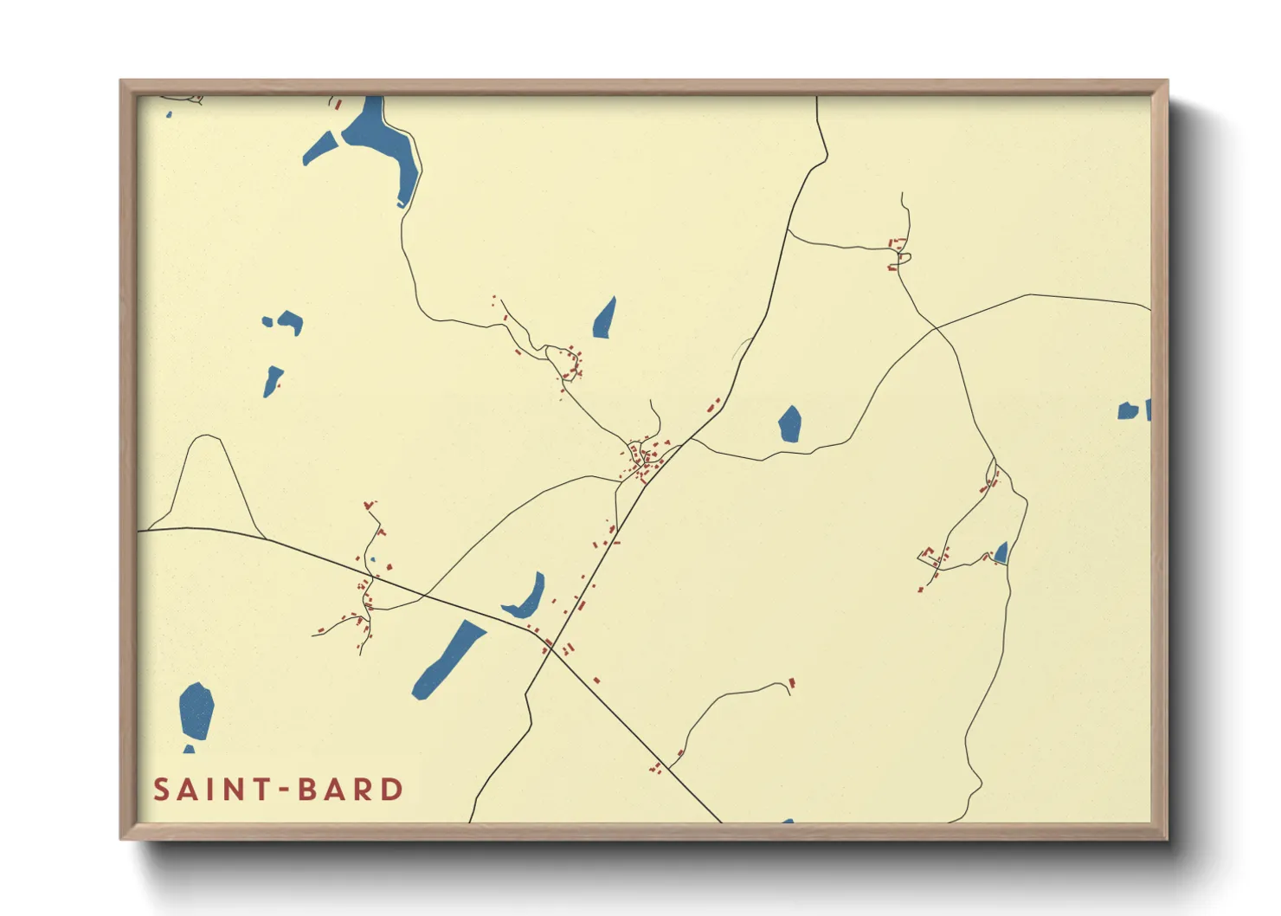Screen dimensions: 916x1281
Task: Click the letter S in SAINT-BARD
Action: [x=161, y=790]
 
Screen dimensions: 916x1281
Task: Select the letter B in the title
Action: [x=308, y=790]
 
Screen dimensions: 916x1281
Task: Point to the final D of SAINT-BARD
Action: [x=394, y=790]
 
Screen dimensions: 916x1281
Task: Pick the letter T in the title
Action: [x=257, y=790]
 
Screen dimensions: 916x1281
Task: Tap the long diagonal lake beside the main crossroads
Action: [x=448, y=659]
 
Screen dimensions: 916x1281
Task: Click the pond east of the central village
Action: [x=789, y=423]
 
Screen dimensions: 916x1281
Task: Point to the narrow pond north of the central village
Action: [x=604, y=318]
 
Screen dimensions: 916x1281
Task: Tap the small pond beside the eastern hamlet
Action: [x=1001, y=552]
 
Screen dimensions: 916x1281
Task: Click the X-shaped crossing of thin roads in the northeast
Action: [x=936, y=327]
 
